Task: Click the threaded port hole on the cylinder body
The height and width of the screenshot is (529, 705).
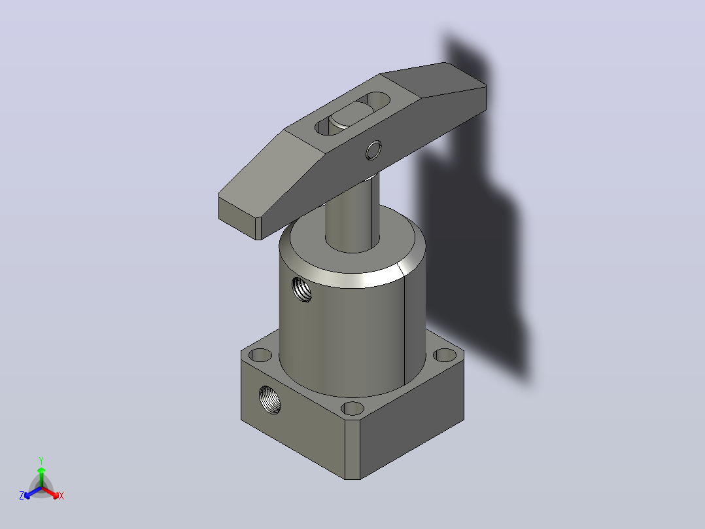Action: click(301, 289)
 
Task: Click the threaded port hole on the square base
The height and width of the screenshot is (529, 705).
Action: click(269, 400)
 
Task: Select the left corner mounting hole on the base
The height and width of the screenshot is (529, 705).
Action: click(260, 355)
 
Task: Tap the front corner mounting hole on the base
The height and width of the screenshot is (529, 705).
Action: click(352, 409)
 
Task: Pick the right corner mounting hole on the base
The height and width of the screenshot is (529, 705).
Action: click(445, 356)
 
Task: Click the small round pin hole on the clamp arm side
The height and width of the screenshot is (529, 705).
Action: click(373, 151)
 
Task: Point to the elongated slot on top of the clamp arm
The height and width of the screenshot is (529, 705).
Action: click(352, 113)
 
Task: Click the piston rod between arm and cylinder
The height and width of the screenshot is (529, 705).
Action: click(352, 211)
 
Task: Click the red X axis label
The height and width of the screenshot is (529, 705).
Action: click(61, 496)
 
